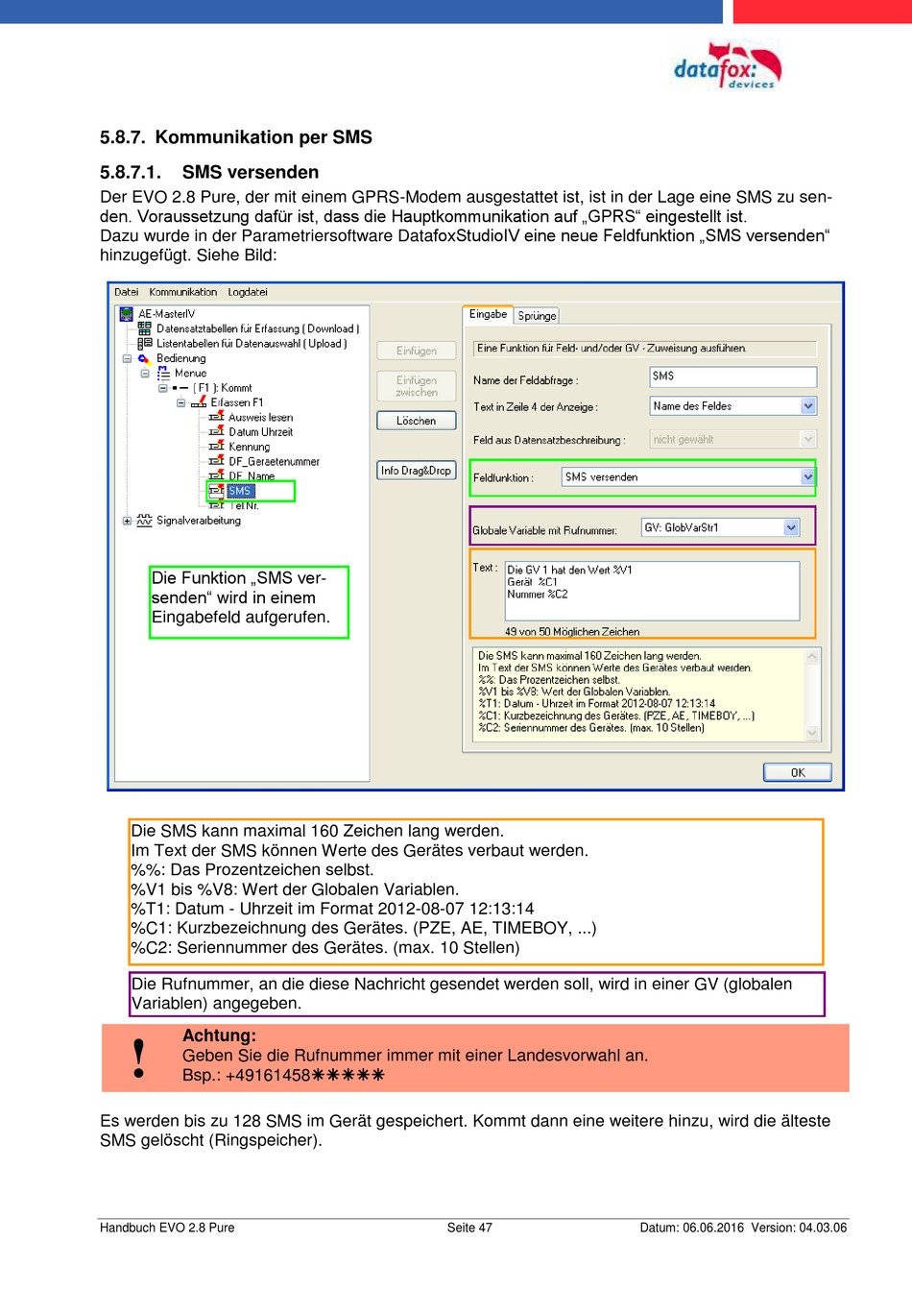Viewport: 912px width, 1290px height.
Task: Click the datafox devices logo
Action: pyautogui.click(x=727, y=67)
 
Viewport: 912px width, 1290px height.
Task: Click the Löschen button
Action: pyautogui.click(x=416, y=421)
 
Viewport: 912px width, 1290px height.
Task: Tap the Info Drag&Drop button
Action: pyautogui.click(x=416, y=471)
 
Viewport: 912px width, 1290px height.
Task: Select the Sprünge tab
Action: pyautogui.click(x=537, y=315)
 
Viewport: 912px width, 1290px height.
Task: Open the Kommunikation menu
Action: pyautogui.click(x=182, y=292)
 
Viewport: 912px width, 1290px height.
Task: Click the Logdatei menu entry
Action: pyautogui.click(x=248, y=292)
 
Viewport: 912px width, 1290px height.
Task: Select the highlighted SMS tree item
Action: pyautogui.click(x=239, y=491)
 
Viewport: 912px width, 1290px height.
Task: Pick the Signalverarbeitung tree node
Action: pyautogui.click(x=198, y=521)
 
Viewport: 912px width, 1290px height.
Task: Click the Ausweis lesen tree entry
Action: pyautogui.click(x=260, y=418)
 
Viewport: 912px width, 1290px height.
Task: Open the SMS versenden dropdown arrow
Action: pyautogui.click(x=807, y=477)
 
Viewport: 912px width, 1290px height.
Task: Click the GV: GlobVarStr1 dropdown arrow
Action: pyautogui.click(x=791, y=527)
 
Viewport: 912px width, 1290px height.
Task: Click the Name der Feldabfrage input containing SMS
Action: pyautogui.click(x=732, y=377)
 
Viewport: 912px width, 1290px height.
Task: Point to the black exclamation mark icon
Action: pyautogui.click(x=139, y=1058)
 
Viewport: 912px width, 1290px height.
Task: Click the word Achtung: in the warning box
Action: pyautogui.click(x=219, y=1035)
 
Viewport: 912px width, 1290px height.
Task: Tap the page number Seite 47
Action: pyautogui.click(x=469, y=1228)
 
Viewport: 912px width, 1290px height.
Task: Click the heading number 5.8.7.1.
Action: pyautogui.click(x=131, y=173)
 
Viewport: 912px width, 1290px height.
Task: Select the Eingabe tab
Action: pyautogui.click(x=488, y=314)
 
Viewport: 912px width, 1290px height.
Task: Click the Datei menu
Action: pyautogui.click(x=126, y=292)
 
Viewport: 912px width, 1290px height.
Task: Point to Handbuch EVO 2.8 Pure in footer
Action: pyautogui.click(x=167, y=1228)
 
